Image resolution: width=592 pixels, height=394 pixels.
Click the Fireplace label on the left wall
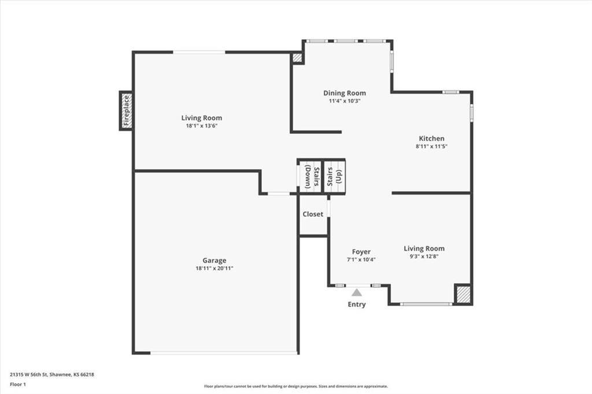point(126,110)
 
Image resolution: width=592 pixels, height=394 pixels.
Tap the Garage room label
point(214,261)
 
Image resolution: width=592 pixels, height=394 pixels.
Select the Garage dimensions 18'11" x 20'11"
point(214,269)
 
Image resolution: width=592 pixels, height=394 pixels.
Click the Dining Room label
point(345,93)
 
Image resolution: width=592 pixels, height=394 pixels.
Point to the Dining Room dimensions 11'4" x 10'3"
point(345,101)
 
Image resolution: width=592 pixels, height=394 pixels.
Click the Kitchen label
point(432,139)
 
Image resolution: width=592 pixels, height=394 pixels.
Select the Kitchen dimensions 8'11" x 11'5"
point(432,147)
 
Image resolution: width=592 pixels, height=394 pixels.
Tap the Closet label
point(313,214)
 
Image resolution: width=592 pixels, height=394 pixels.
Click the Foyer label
point(361,252)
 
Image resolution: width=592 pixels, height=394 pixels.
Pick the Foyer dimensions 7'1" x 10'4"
point(361,260)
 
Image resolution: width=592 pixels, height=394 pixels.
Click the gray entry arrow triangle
point(357,292)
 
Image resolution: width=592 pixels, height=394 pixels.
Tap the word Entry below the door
point(357,304)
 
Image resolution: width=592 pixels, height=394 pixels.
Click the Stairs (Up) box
point(334,176)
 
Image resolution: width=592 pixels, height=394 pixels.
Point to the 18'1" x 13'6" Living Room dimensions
point(201,126)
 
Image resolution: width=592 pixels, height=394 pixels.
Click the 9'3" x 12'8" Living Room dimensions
point(424,257)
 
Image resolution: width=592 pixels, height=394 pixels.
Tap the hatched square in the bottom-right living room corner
point(463,294)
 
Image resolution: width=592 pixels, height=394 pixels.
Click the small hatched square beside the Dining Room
point(297,58)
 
